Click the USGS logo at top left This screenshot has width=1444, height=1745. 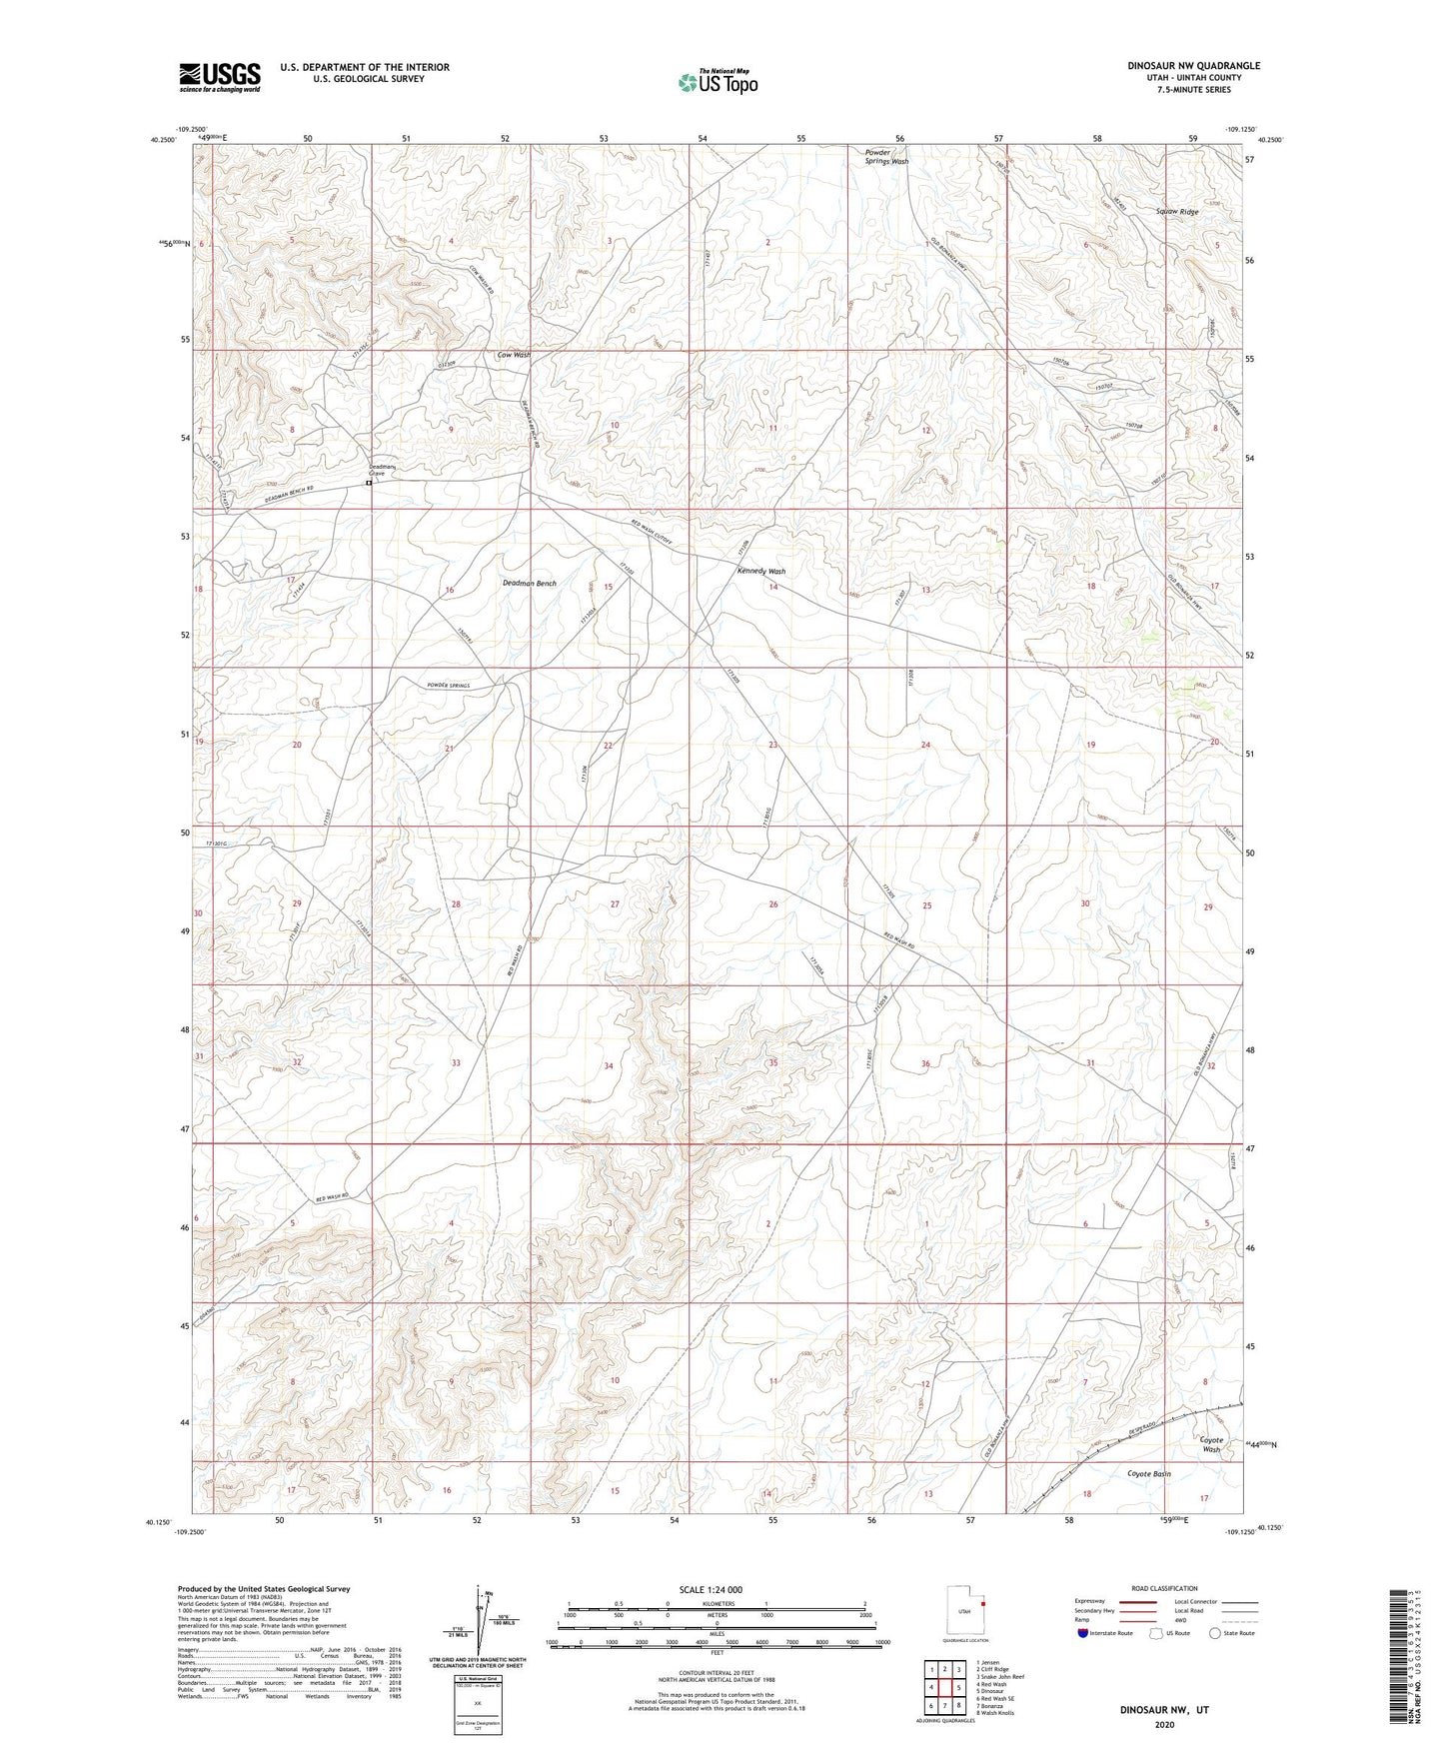coord(220,77)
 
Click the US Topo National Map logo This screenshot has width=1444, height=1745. coord(717,82)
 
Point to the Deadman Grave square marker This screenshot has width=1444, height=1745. coord(369,483)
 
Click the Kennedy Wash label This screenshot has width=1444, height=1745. coord(761,572)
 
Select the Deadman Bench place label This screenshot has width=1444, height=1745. coord(529,583)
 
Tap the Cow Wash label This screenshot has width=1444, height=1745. coord(514,355)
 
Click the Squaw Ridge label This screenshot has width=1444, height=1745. coord(1176,212)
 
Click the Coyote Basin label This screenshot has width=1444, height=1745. coord(1148,1474)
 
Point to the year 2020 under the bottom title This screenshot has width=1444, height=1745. coord(1163,1724)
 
